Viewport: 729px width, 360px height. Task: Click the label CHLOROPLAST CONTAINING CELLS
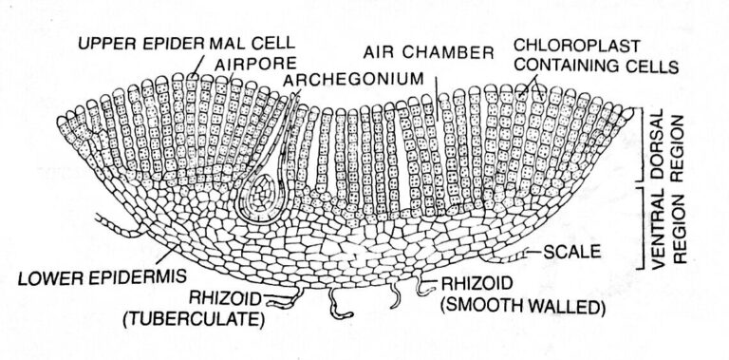tap(590, 56)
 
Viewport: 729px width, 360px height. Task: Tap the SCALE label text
tap(574, 253)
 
